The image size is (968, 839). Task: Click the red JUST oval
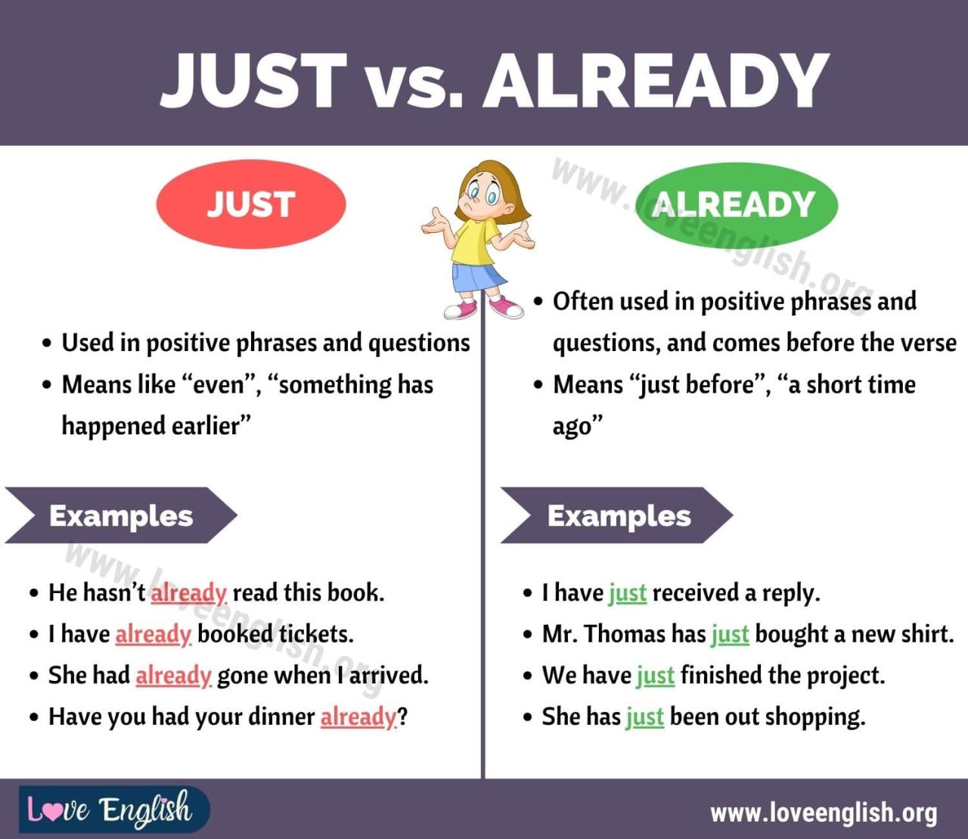[x=251, y=204]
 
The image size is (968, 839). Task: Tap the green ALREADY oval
[x=736, y=204]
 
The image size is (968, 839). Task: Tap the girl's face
[x=482, y=194]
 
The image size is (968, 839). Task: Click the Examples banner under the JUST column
[x=121, y=516]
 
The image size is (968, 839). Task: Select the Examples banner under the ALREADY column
[x=618, y=516]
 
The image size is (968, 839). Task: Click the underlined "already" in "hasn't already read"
[x=188, y=592]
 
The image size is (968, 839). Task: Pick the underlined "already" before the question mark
[x=358, y=716]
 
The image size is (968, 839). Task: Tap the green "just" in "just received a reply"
[x=628, y=593]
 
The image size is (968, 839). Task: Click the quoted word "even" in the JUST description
[x=219, y=384]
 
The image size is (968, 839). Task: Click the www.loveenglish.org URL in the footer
[x=824, y=813]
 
